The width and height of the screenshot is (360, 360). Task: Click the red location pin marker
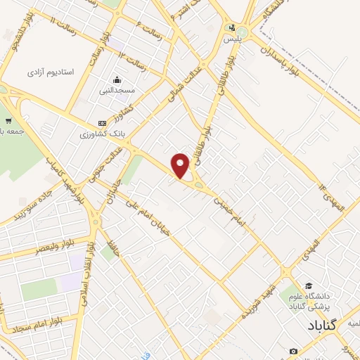[x=181, y=165]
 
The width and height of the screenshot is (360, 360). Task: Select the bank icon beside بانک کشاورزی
[x=103, y=122]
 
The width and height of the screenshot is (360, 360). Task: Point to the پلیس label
[x=232, y=40]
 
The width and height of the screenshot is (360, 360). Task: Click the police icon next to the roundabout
[x=231, y=29]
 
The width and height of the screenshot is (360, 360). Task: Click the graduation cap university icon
[x=292, y=297]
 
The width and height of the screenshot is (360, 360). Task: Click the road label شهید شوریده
[x=257, y=298]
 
